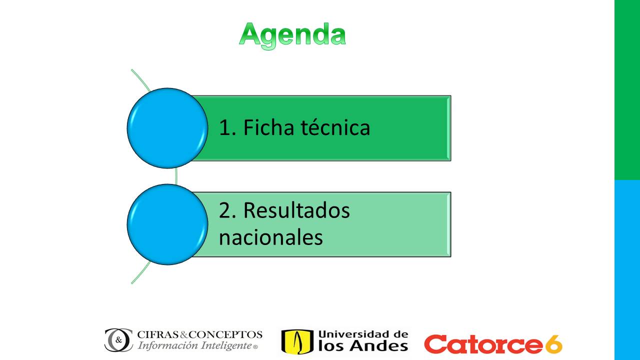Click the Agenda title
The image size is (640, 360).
(x=292, y=35)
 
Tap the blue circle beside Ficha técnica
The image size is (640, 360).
(x=167, y=128)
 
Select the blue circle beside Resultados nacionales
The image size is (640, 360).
(x=167, y=224)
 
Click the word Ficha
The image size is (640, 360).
(x=268, y=127)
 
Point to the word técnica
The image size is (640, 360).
(x=335, y=127)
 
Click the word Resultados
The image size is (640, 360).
(x=296, y=210)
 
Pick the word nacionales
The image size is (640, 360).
(x=271, y=237)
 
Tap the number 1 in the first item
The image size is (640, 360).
(x=225, y=127)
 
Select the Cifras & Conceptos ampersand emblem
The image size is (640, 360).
(x=118, y=340)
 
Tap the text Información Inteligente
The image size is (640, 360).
(x=194, y=345)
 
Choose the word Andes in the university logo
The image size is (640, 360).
(x=379, y=345)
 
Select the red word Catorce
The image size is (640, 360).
(x=483, y=344)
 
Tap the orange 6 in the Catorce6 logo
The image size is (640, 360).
(x=553, y=344)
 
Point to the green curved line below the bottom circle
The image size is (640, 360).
(x=141, y=272)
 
